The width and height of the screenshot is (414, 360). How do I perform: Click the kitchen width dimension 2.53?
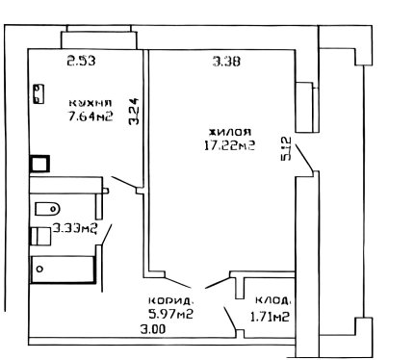81,61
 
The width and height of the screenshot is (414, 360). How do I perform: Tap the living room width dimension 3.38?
226,61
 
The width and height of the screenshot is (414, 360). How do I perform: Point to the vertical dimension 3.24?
134,111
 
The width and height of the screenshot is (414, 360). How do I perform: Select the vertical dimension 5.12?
285,148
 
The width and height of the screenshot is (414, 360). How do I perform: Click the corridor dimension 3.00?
153,329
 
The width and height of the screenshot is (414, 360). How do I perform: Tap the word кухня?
91,103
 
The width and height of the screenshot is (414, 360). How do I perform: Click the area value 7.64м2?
91,116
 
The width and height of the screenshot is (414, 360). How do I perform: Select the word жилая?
230,132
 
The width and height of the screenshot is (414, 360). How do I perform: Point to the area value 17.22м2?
230,145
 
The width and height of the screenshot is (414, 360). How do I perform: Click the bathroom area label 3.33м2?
75,228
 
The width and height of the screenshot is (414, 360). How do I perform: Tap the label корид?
171,301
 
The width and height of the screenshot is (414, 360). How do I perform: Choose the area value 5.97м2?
171,314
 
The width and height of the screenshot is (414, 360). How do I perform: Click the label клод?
273,300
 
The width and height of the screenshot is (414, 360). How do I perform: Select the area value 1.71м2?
270,317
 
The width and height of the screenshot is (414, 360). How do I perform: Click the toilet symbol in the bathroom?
47,209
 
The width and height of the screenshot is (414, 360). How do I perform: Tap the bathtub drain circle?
39,269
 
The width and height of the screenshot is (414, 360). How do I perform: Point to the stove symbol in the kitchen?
39,93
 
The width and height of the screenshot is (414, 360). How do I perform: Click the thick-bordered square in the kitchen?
39,164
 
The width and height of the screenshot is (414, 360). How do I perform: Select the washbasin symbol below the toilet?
40,237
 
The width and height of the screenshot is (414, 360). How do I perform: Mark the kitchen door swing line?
124,182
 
